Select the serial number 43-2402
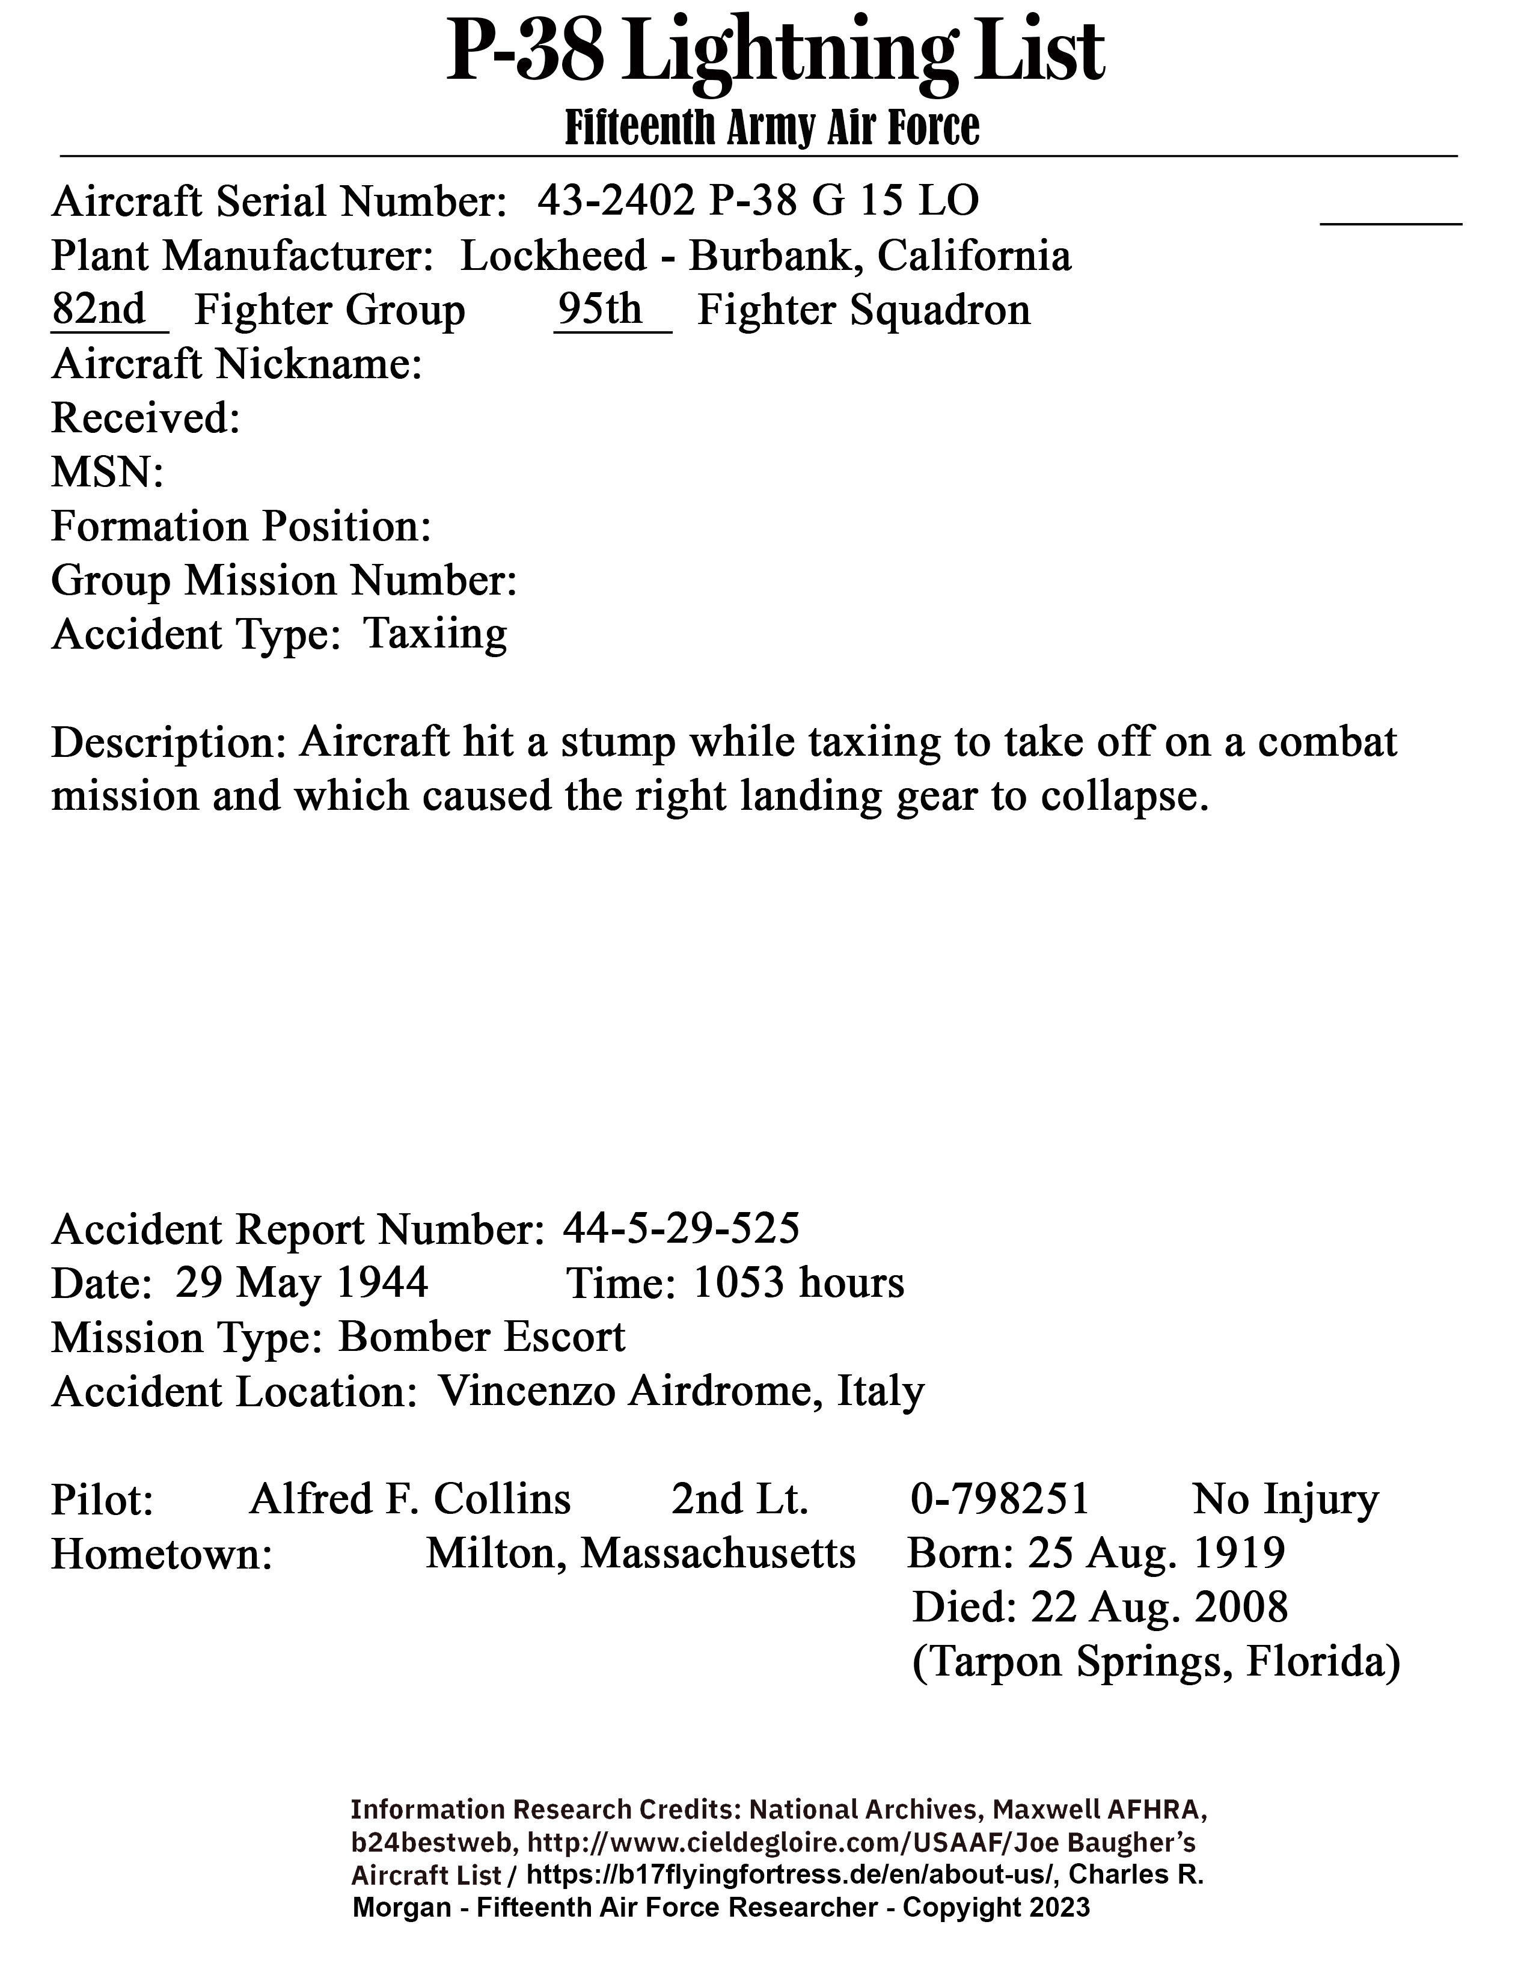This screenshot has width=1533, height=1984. tap(616, 201)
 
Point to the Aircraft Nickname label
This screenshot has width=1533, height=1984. tap(236, 364)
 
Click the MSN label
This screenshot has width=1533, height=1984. tap(107, 473)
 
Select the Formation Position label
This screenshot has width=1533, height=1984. tap(240, 527)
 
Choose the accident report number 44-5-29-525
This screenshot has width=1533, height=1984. tap(681, 1229)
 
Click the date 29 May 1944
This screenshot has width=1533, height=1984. tap(302, 1284)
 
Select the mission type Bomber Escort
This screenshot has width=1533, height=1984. tap(482, 1337)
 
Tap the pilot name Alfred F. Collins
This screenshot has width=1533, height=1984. tap(409, 1500)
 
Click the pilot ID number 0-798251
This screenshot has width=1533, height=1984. tap(999, 1500)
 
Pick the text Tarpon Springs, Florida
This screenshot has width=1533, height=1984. tap(1155, 1662)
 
